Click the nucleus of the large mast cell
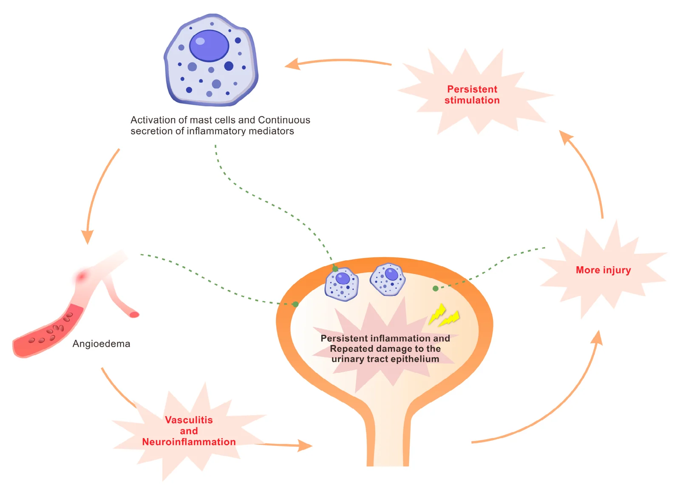pos(209,46)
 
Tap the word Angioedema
pos(102,344)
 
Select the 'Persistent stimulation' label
pos(472,94)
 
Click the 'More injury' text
pos(603,270)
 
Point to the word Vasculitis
pos(189,420)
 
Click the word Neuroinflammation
pos(189,442)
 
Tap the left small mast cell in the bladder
pos(342,284)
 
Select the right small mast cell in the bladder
pos(388,280)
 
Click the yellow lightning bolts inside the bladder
pos(444,316)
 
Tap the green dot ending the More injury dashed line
pos(435,288)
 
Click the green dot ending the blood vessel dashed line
pos(295,304)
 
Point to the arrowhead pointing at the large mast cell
pos(292,64)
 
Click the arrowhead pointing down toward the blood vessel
pos(88,237)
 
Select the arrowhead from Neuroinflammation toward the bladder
pos(305,445)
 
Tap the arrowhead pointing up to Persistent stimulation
pos(566,137)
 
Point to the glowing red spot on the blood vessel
pos(81,276)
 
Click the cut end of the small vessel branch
pos(134,314)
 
